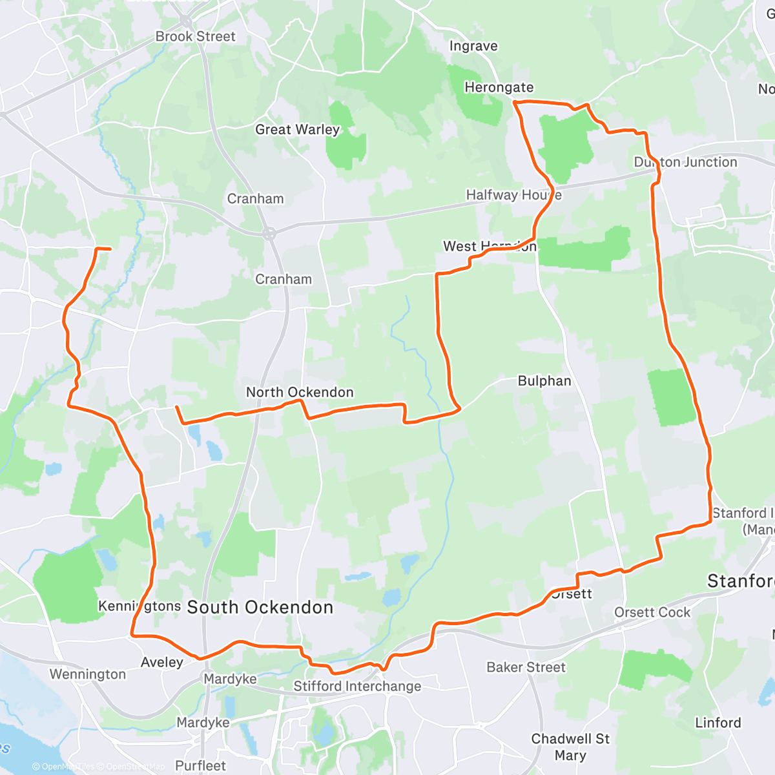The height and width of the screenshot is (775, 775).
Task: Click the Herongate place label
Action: tap(499, 87)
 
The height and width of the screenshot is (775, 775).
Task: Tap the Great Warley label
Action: tap(297, 129)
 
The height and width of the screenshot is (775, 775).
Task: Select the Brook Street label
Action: tap(195, 36)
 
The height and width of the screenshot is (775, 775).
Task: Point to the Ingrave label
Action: tap(473, 46)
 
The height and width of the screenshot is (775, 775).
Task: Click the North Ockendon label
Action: tap(300, 392)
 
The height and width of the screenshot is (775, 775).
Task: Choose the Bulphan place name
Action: tap(544, 381)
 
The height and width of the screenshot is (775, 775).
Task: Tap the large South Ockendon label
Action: tap(260, 607)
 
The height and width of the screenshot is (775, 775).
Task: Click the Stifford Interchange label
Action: tap(357, 686)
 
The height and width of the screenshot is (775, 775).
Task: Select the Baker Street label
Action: tap(526, 667)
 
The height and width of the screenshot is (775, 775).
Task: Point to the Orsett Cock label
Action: tap(652, 612)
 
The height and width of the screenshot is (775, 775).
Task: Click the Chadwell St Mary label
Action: tap(570, 747)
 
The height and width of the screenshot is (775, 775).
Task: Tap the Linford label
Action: tap(718, 723)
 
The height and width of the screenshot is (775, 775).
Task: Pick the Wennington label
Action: tap(88, 674)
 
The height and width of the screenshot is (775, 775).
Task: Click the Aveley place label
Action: tap(162, 662)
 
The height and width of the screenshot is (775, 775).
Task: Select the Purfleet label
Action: tap(200, 766)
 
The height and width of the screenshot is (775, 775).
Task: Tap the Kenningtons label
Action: tap(139, 606)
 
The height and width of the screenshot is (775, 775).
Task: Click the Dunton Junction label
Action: tap(685, 162)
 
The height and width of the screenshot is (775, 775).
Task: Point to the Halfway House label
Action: tap(513, 194)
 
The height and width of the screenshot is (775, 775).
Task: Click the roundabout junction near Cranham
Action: tap(269, 234)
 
